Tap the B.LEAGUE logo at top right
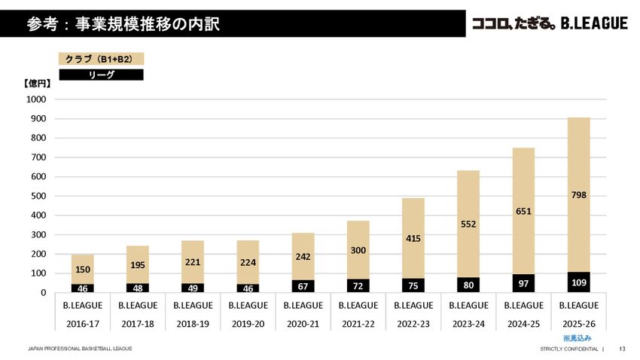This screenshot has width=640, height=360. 550,24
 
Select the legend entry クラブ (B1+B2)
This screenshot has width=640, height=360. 101,58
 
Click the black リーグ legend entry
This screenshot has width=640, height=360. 101,75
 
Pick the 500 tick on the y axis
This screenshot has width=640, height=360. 38,196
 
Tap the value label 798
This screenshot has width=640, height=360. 578,195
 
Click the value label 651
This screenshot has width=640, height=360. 523,212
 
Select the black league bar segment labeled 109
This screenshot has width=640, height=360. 578,282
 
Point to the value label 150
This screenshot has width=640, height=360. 83,269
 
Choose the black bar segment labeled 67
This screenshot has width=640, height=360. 303,286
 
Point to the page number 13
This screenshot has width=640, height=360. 622,349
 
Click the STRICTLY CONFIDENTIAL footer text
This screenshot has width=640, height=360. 569,349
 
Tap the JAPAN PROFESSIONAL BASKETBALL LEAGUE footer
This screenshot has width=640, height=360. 80,349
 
